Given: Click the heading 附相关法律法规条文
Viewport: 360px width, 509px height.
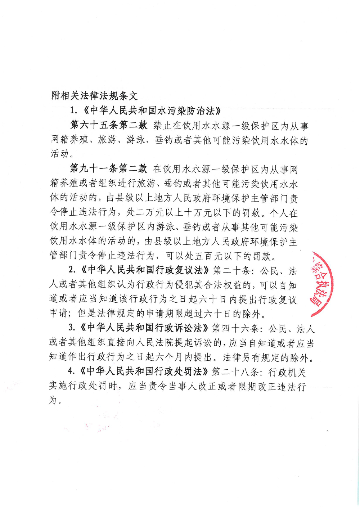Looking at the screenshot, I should pyautogui.click(x=94, y=96).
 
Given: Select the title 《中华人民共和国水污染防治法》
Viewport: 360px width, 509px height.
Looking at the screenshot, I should pyautogui.click(x=152, y=111).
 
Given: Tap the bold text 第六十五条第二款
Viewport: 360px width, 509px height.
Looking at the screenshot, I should pyautogui.click(x=109, y=125).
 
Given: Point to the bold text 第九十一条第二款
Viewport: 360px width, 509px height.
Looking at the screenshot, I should pyautogui.click(x=109, y=168).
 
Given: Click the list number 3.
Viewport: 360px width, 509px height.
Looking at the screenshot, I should pyautogui.click(x=72, y=328).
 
